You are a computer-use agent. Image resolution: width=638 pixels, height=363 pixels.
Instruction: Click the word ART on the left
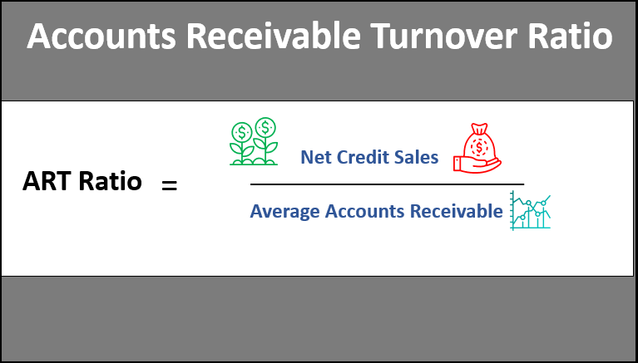47,181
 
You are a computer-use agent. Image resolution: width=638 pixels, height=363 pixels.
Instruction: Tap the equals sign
170,184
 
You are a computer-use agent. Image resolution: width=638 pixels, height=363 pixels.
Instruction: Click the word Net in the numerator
315,157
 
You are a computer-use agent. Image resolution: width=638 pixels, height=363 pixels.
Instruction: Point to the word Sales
418,157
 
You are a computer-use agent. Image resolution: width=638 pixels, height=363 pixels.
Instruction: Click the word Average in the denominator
284,211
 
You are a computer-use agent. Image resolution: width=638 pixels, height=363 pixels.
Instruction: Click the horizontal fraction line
387,184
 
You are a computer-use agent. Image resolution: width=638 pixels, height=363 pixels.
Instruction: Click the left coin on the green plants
242,131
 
